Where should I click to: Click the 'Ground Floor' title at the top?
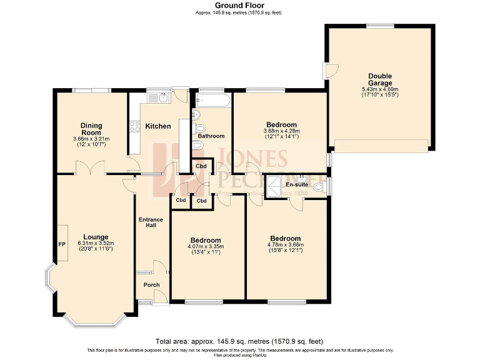tap(239, 5)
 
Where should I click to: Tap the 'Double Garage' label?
tap(380, 79)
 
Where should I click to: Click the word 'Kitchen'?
tap(158, 126)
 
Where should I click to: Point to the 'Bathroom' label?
tap(211, 136)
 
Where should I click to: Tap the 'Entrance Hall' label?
tap(151, 222)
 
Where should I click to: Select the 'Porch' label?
tap(151, 285)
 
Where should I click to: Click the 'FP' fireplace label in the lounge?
tap(62, 244)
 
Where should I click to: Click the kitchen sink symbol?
tap(160, 97)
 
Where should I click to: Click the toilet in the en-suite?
tap(319, 186)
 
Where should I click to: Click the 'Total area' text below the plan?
tap(239, 341)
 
